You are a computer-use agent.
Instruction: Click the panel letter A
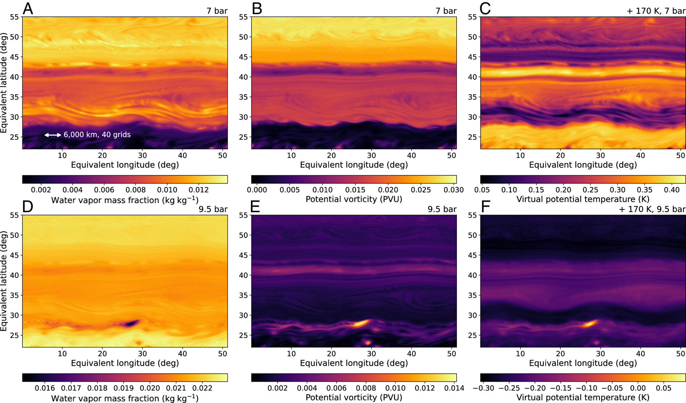[x=28, y=9]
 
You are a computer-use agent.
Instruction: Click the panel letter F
[x=485, y=207]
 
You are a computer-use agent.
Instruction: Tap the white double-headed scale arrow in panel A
[x=53, y=135]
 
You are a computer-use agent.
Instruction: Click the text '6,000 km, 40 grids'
[x=97, y=134]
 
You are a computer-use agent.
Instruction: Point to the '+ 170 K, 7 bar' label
[x=656, y=11]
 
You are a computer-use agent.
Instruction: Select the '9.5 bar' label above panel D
[x=213, y=209]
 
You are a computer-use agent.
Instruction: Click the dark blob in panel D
[x=131, y=323]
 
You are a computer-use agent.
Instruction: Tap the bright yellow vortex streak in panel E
[x=361, y=323]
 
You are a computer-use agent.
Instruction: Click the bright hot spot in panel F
[x=590, y=323]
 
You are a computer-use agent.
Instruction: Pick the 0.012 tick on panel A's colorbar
[x=199, y=190]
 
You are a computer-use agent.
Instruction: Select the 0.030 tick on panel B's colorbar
[x=454, y=190]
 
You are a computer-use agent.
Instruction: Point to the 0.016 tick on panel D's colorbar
[x=45, y=388]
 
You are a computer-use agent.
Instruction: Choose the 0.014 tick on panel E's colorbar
[x=454, y=388]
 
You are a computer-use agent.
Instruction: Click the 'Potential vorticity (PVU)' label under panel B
[x=354, y=199]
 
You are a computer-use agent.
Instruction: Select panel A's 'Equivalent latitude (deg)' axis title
[x=4, y=83]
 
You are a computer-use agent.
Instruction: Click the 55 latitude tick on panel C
[x=472, y=17]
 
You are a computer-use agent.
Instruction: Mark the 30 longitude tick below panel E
[x=371, y=353]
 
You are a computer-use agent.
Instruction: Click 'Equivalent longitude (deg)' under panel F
[x=583, y=363]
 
